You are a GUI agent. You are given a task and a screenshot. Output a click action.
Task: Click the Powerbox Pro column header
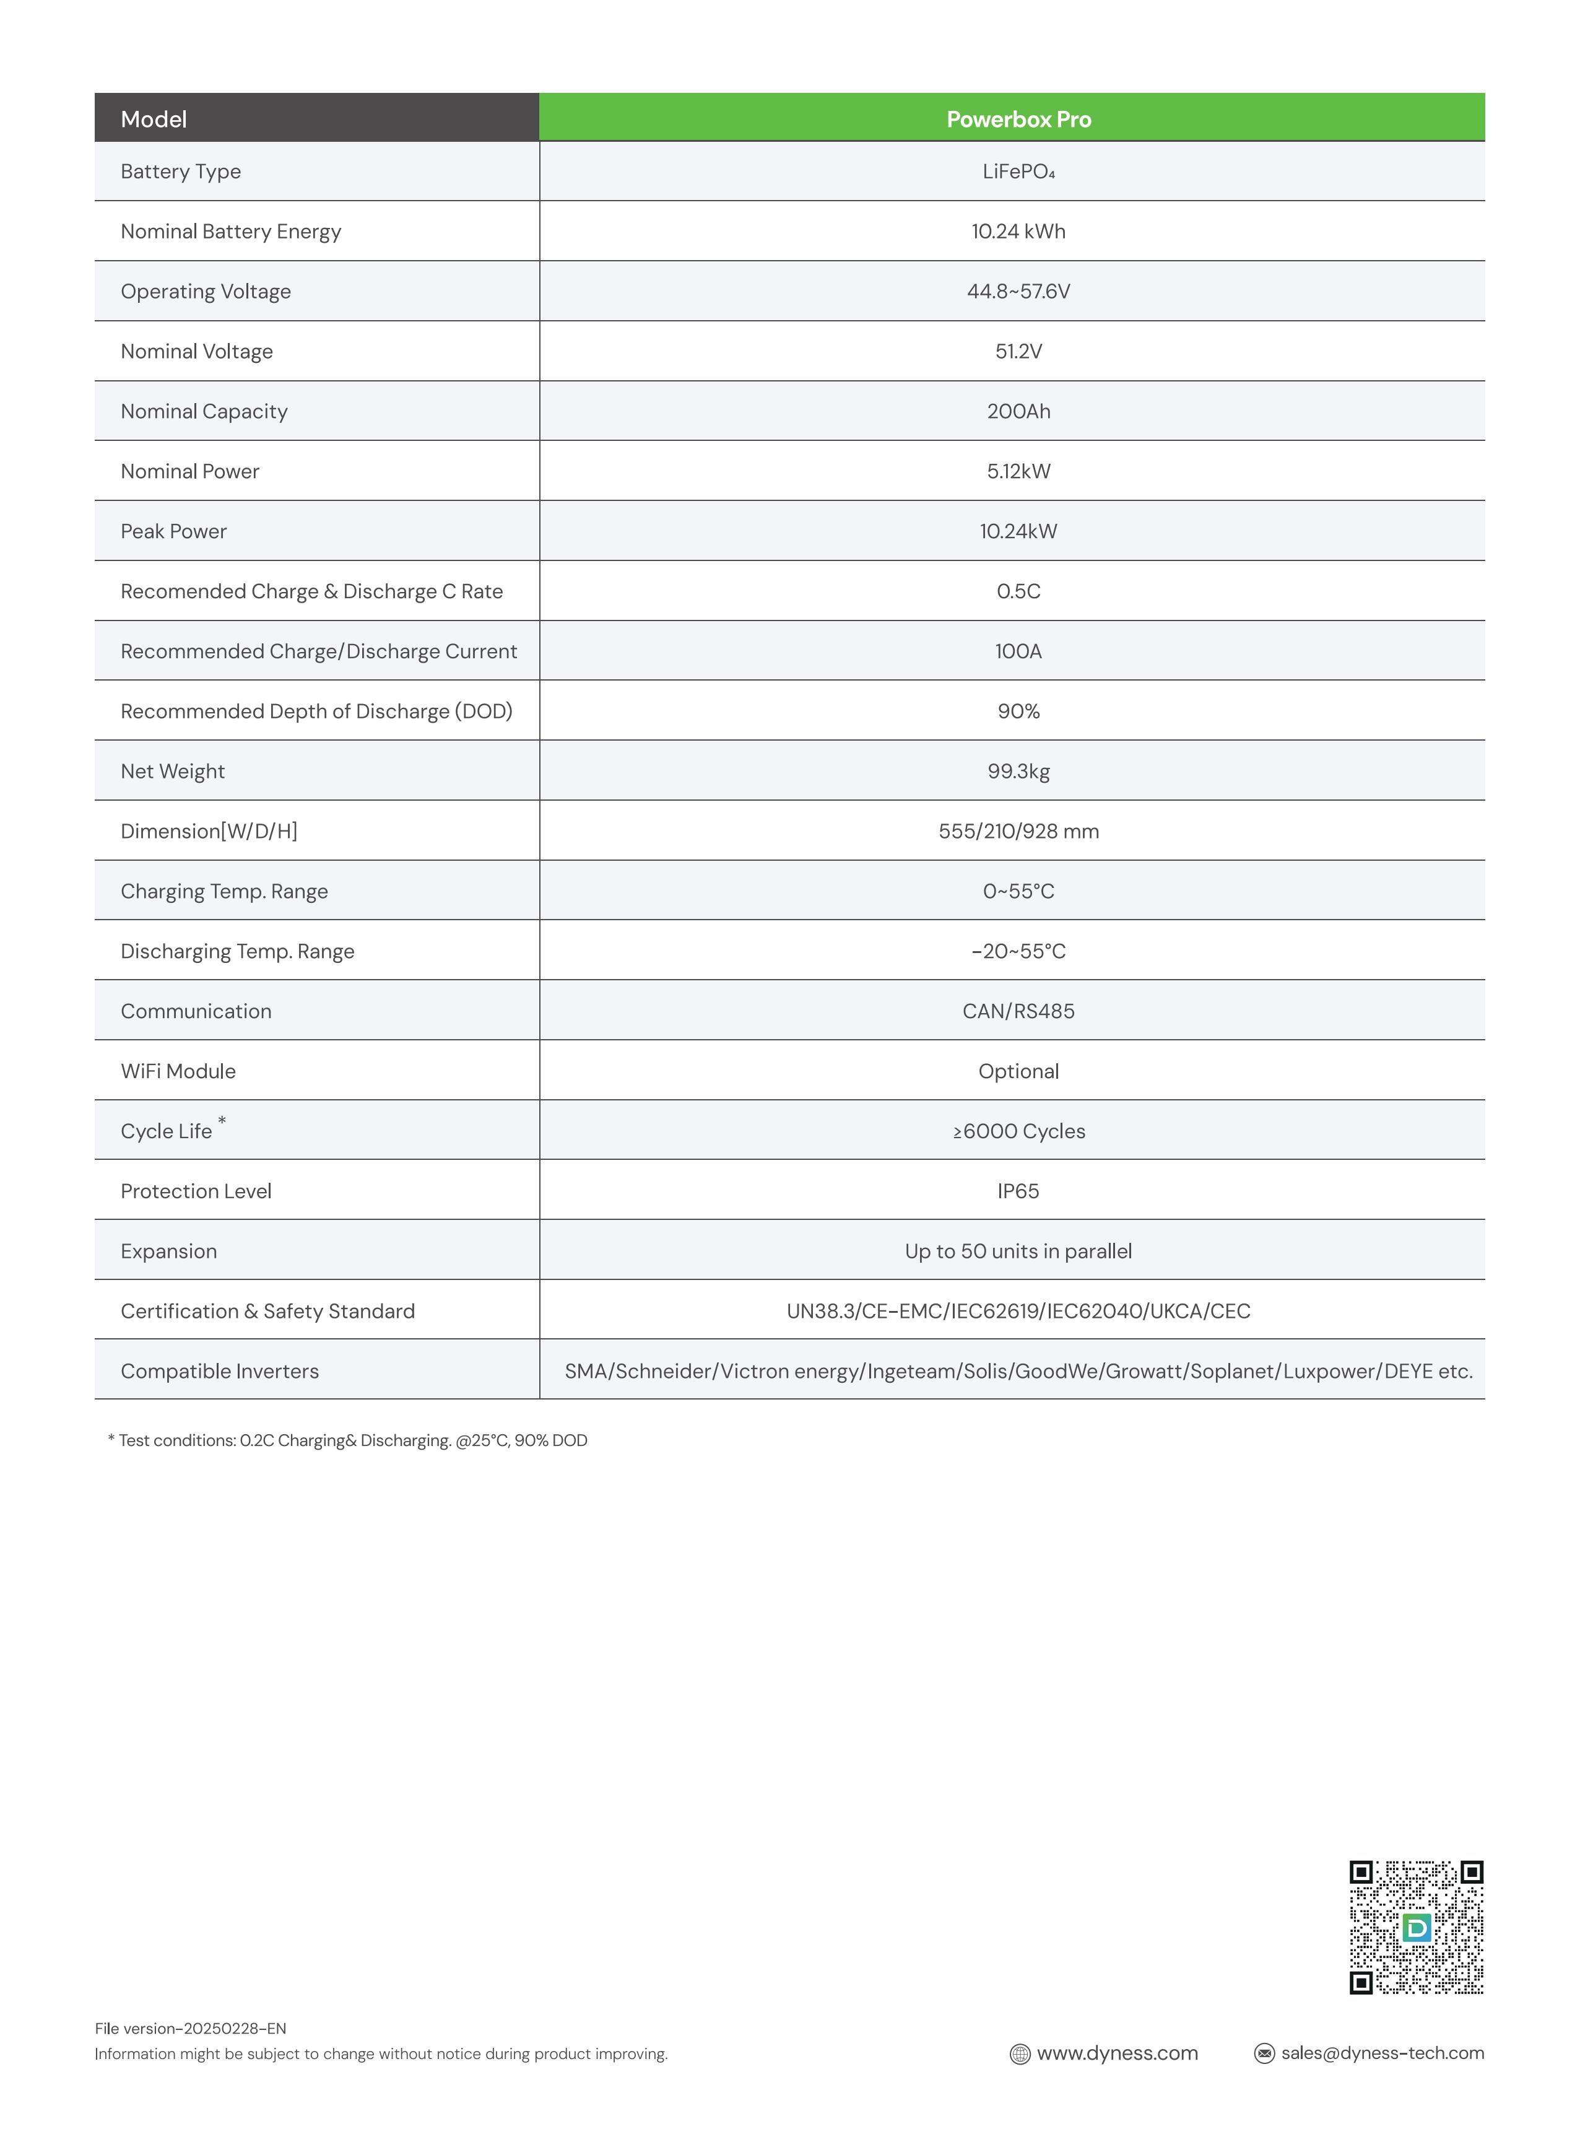click(x=1018, y=120)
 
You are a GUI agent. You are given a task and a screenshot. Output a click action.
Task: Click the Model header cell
click(x=154, y=120)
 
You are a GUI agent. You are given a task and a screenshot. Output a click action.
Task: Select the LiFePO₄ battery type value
click(x=1018, y=172)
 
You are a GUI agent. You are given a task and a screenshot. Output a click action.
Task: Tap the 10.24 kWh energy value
click(x=1018, y=232)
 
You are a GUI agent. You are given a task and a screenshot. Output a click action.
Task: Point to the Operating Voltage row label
click(x=206, y=292)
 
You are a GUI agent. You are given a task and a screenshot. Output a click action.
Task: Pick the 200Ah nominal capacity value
click(x=1018, y=411)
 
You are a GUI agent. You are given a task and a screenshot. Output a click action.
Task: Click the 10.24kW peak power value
click(x=1018, y=532)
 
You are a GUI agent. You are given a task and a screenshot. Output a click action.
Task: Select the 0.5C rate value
click(x=1018, y=591)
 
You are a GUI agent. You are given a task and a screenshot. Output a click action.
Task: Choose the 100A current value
click(x=1018, y=651)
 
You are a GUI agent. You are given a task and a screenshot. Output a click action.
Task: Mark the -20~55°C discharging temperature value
click(x=1018, y=952)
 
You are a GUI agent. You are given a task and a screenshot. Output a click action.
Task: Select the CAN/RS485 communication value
click(x=1018, y=1012)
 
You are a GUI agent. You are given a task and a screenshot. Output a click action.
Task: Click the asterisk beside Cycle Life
click(x=222, y=1121)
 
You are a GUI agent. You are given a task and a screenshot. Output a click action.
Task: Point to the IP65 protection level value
click(x=1018, y=1191)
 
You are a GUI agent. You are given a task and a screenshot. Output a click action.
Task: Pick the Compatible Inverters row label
click(x=219, y=1372)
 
